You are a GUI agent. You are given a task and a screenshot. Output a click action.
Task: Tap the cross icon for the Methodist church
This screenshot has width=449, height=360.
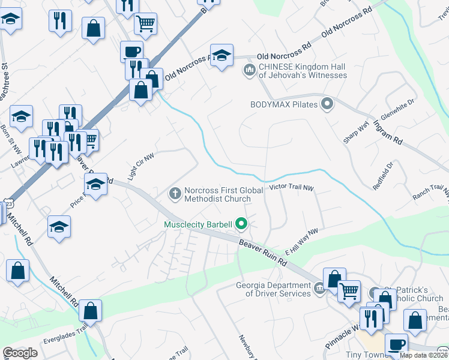pyautogui.click(x=175, y=193)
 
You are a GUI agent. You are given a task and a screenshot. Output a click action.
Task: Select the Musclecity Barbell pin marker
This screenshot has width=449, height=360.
pyautogui.click(x=242, y=224)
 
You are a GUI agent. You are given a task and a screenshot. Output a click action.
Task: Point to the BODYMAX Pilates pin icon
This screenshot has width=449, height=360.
pyautogui.click(x=327, y=104)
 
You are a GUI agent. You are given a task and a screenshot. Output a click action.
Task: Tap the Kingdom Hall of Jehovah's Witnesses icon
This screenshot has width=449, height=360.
pyautogui.click(x=249, y=70)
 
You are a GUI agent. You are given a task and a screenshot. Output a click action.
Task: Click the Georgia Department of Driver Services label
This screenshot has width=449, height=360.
pyautogui.click(x=273, y=289)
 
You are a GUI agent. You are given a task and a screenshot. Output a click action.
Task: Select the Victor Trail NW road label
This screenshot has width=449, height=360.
pyautogui.click(x=292, y=188)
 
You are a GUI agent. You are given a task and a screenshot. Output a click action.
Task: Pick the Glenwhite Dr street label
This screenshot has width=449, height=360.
pyautogui.click(x=398, y=112)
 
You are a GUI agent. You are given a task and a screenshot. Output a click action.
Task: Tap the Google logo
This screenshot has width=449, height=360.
pyautogui.click(x=20, y=353)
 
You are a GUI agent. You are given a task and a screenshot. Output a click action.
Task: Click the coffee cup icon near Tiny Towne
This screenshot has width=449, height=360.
pyautogui.click(x=396, y=344)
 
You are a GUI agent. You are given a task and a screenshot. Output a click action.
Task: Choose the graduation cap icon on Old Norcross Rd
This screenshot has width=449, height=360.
pyautogui.click(x=221, y=55)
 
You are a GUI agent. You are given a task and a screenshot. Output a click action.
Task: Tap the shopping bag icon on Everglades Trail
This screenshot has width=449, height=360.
pyautogui.click(x=90, y=311)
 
